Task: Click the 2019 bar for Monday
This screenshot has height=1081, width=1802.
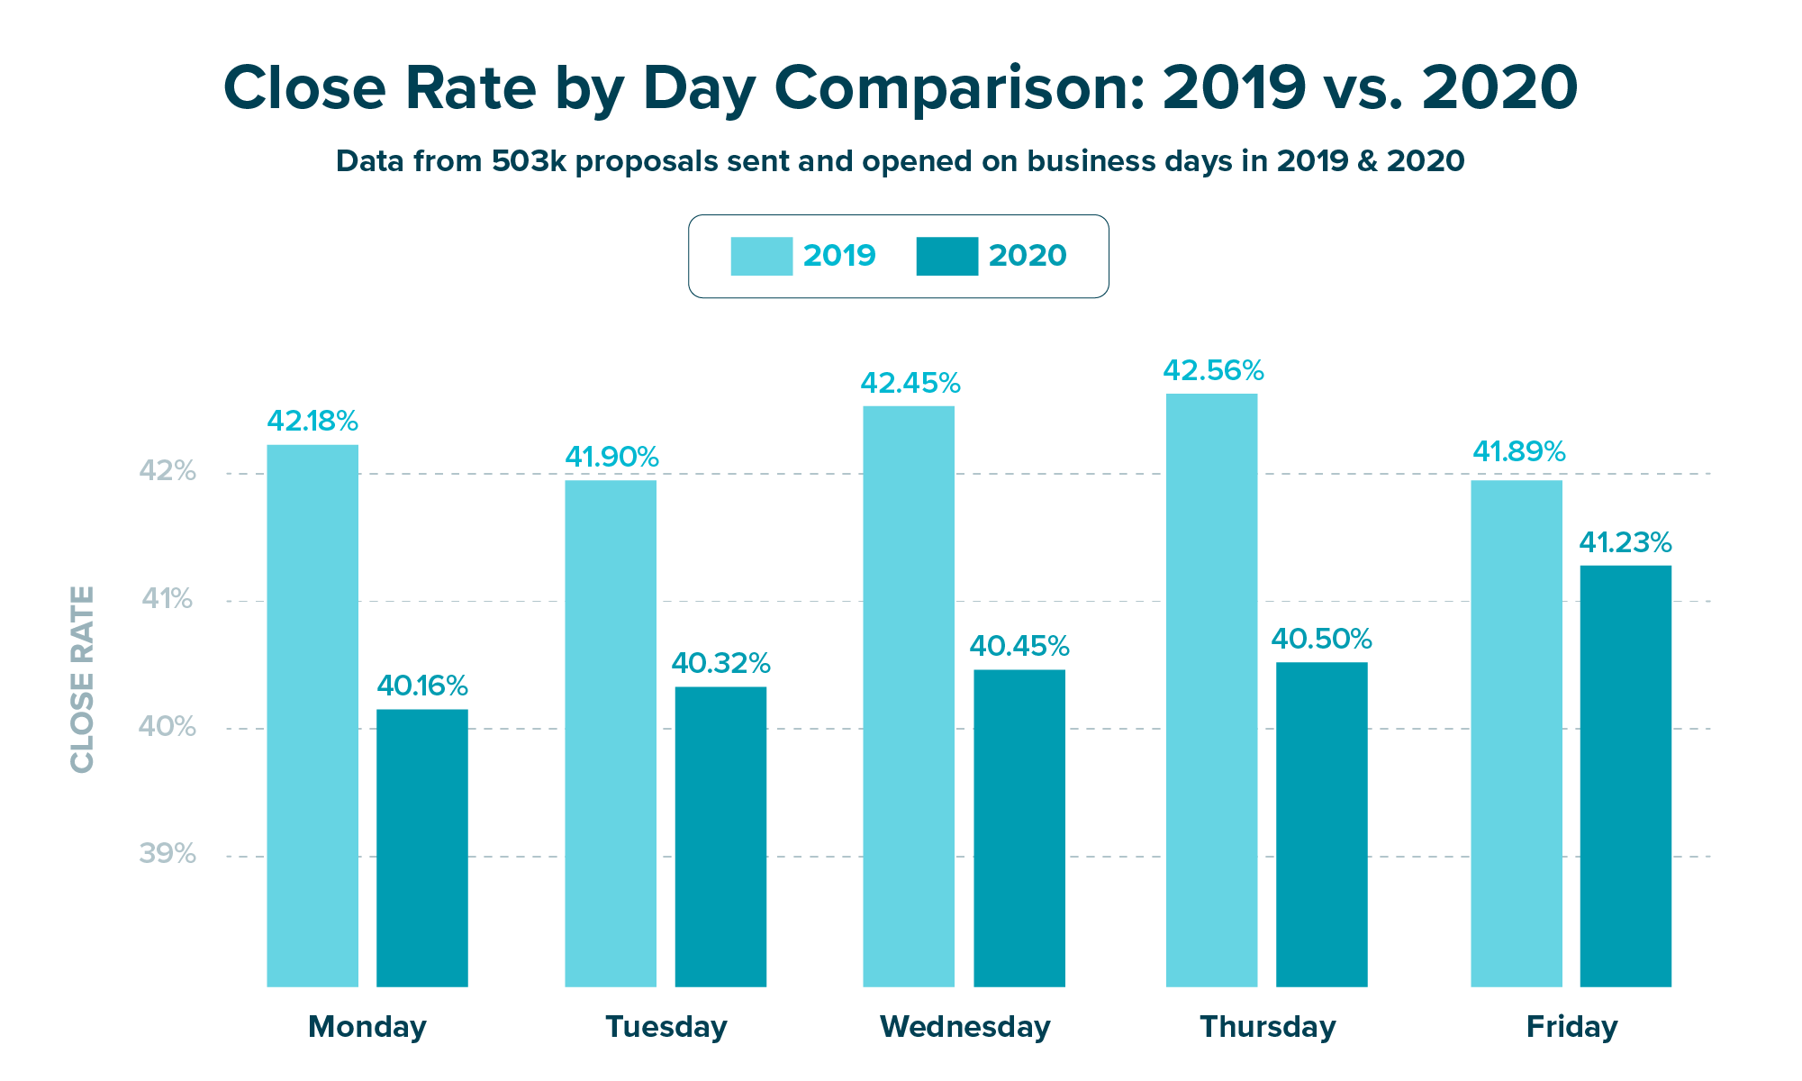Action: click(312, 715)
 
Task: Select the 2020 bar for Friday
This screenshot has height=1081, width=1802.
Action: click(1625, 776)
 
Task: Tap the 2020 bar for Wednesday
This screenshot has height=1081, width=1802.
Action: click(1019, 828)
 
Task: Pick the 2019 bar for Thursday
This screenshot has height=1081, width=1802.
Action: click(1211, 690)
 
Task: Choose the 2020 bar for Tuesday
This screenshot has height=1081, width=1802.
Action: click(720, 837)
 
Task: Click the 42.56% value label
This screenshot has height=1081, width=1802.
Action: click(1213, 371)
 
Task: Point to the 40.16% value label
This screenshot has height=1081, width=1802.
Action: click(421, 686)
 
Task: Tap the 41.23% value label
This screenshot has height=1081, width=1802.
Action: click(1625, 543)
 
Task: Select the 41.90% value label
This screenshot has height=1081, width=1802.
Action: click(611, 458)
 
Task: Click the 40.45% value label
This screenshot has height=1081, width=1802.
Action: click(1019, 647)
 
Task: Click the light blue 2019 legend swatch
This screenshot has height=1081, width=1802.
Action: click(761, 256)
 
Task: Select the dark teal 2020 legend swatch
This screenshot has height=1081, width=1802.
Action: click(946, 256)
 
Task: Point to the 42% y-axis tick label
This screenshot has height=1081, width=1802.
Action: click(168, 471)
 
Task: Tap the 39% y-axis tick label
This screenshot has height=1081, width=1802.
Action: click(168, 854)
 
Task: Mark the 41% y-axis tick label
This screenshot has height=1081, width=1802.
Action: click(168, 599)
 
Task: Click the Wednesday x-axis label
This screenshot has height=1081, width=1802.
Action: click(964, 1027)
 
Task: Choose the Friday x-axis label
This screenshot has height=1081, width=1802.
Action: click(1571, 1027)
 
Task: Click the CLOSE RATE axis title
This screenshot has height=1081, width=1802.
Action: click(82, 679)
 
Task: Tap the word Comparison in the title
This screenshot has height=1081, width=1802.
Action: click(960, 88)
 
